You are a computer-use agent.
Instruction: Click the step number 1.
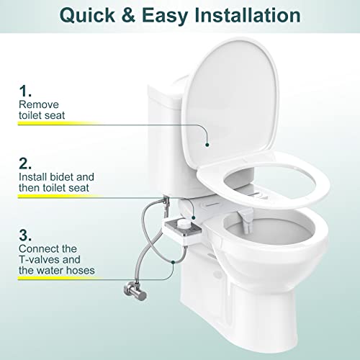click(25, 92)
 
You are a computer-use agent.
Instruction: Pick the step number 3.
click(26, 234)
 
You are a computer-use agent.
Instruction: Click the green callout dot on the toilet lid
click(207, 144)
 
